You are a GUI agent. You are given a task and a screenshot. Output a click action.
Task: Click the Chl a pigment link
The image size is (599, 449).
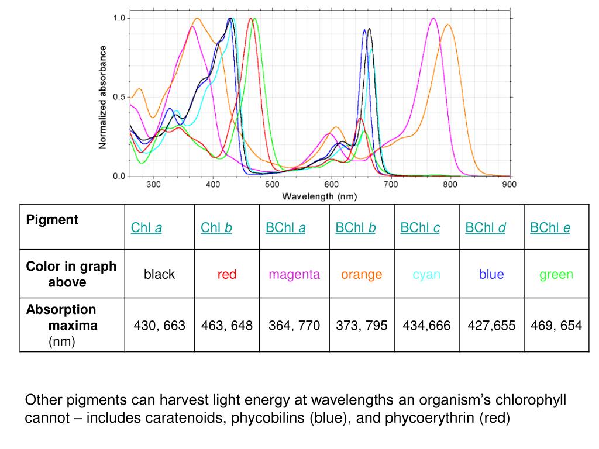click(x=146, y=228)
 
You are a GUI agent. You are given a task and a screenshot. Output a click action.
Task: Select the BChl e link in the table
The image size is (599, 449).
click(x=550, y=228)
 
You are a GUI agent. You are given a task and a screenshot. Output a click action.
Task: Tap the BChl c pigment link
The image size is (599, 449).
click(x=420, y=228)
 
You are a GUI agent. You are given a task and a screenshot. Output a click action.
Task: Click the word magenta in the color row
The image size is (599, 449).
click(x=294, y=274)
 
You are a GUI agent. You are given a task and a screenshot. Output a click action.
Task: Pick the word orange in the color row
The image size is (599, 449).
click(x=362, y=274)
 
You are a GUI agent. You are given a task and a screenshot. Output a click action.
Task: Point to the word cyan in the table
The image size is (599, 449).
click(x=426, y=274)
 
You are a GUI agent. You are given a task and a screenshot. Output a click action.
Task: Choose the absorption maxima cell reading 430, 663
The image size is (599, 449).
click(x=160, y=326)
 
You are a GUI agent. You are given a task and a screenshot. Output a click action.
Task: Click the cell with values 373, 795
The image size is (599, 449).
click(x=362, y=326)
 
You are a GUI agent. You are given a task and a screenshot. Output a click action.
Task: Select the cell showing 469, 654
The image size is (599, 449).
click(x=556, y=326)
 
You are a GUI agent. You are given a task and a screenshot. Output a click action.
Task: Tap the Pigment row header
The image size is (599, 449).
click(x=52, y=220)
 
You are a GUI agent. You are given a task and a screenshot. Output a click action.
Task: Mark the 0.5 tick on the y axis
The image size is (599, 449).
click(x=119, y=97)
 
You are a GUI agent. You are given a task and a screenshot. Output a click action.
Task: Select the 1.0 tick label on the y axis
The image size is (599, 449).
click(x=119, y=18)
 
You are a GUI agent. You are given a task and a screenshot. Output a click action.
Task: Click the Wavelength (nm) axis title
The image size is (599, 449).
click(x=319, y=196)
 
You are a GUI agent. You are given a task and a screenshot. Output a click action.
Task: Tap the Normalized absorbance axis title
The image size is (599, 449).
click(x=103, y=97)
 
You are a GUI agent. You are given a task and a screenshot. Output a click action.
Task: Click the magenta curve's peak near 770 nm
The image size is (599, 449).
click(x=433, y=19)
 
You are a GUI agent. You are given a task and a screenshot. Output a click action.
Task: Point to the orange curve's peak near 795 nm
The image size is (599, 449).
click(x=448, y=25)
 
